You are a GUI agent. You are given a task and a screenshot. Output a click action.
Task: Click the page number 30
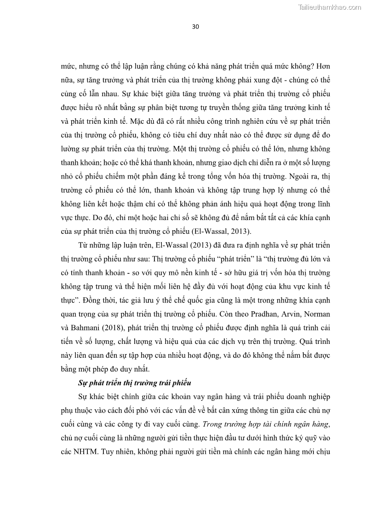click(x=195, y=26)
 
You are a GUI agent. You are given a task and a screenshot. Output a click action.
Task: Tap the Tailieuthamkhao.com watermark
click(x=330, y=7)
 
